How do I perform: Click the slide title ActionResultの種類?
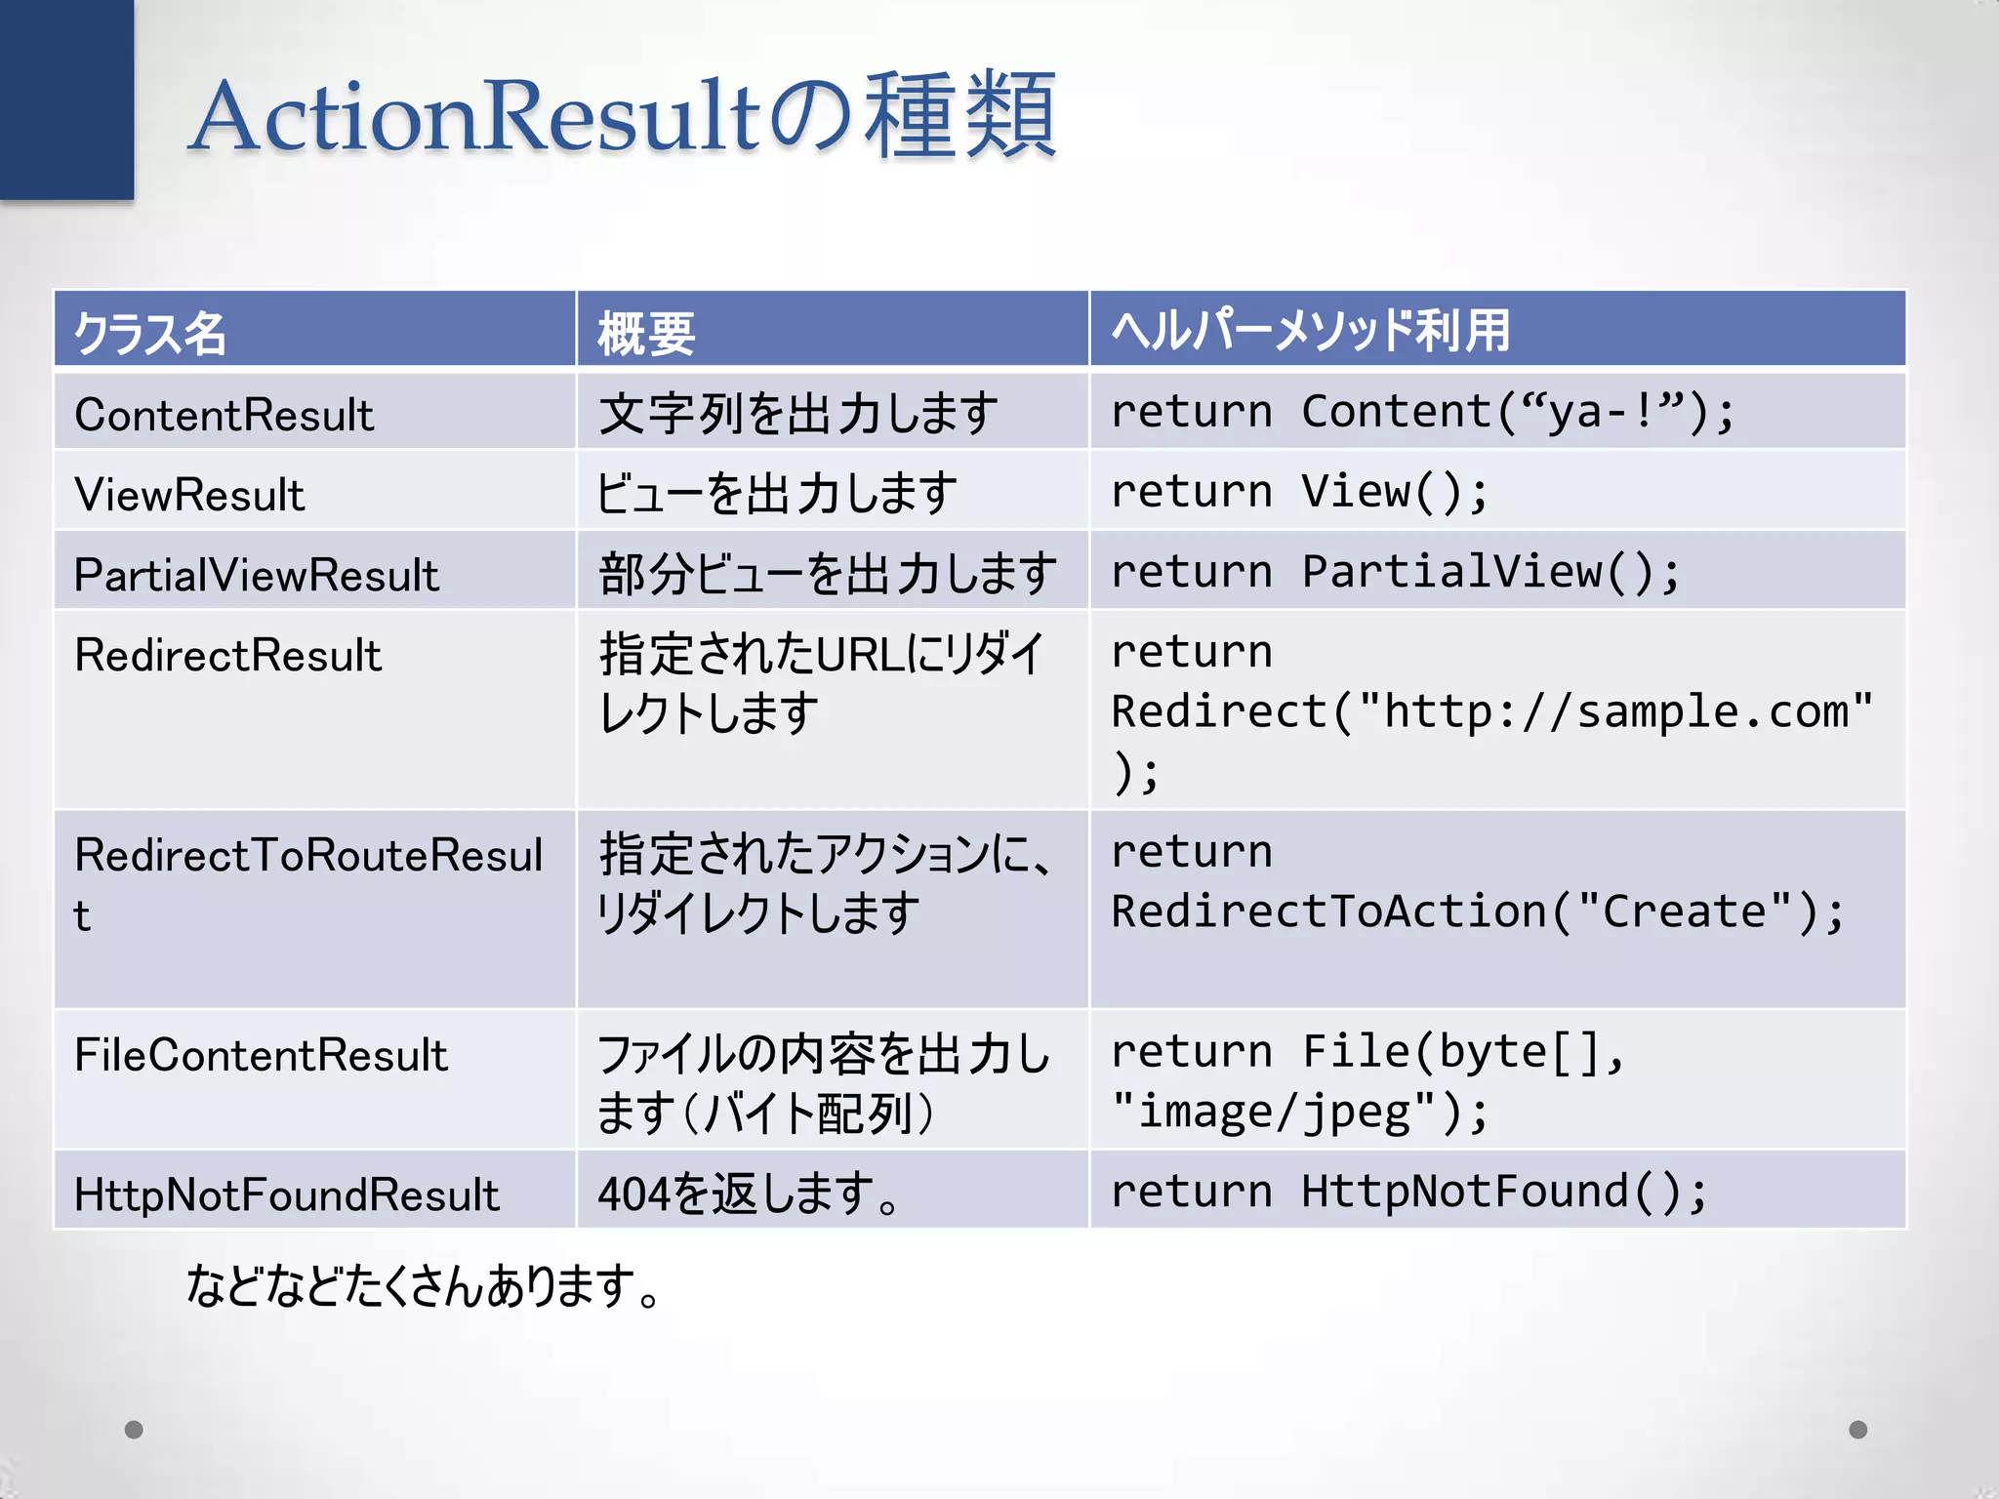tap(623, 117)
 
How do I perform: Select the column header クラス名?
tap(150, 332)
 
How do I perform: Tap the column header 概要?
tap(646, 332)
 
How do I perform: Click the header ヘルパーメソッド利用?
tap(1310, 330)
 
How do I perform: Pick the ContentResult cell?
tap(224, 415)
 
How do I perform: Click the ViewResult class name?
tap(190, 495)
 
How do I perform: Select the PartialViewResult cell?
tap(257, 575)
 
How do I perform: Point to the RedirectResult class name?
tap(228, 655)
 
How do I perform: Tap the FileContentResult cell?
tap(261, 1055)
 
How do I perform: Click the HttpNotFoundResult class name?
tap(287, 1195)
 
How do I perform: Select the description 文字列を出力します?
tap(798, 413)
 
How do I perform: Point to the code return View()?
tap(1299, 491)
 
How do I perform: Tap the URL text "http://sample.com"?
tap(1614, 711)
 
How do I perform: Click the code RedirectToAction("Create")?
tap(1478, 912)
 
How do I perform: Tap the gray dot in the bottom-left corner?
tap(134, 1430)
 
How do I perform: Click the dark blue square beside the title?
tap(66, 98)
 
